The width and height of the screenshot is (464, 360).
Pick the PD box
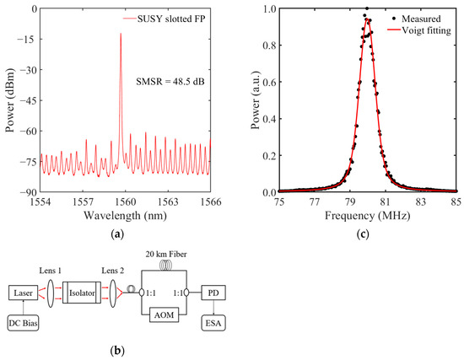(x=213, y=293)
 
